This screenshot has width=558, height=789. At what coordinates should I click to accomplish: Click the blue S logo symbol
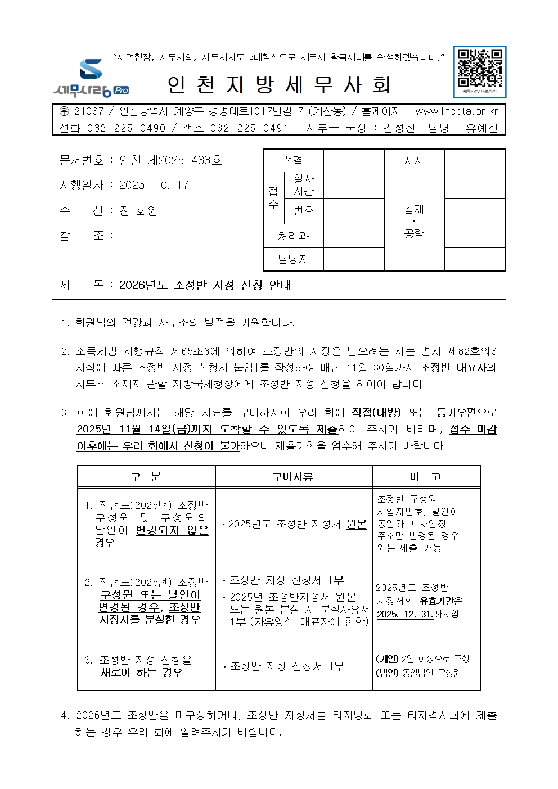(x=91, y=69)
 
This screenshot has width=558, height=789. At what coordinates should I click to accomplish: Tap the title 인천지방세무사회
(x=279, y=85)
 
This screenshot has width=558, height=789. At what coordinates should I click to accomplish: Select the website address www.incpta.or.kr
(x=456, y=111)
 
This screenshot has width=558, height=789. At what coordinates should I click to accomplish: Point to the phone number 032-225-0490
(x=126, y=128)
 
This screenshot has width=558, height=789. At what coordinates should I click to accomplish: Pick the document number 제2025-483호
(x=184, y=160)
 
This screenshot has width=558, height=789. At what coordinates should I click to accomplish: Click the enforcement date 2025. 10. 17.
(x=156, y=185)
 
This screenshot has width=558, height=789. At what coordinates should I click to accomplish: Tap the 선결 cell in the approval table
(x=292, y=161)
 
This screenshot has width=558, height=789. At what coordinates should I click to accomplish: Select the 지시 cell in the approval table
(x=413, y=161)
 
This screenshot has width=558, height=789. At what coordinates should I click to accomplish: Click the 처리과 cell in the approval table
(x=293, y=236)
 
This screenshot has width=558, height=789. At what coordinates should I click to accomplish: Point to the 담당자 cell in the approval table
(x=293, y=259)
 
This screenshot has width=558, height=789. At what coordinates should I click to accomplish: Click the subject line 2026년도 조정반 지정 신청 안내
(x=205, y=285)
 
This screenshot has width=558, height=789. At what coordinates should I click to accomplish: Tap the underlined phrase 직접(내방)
(x=376, y=413)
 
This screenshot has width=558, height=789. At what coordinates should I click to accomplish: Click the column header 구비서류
(x=292, y=477)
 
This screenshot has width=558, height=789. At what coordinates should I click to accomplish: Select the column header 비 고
(x=425, y=477)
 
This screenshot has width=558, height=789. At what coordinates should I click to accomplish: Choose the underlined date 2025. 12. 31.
(x=404, y=614)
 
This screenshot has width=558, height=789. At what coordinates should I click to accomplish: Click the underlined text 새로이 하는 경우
(x=142, y=673)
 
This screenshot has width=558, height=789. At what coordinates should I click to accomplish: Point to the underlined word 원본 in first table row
(x=357, y=524)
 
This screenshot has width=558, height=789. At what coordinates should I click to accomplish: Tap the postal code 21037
(x=89, y=111)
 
